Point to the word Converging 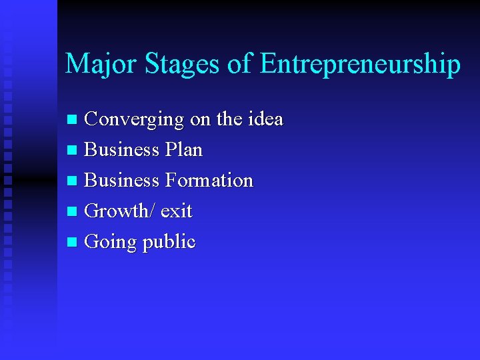pos(135,120)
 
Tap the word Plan pos(183,150)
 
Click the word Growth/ pos(121,211)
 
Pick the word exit pos(176,211)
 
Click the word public pos(169,242)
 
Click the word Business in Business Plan pos(122,150)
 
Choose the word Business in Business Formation pos(122,181)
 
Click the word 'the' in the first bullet pos(229,119)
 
